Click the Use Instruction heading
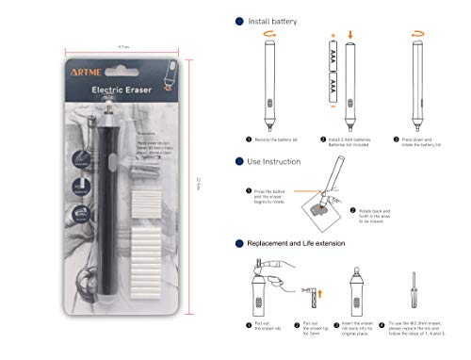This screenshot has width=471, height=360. [274, 161]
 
